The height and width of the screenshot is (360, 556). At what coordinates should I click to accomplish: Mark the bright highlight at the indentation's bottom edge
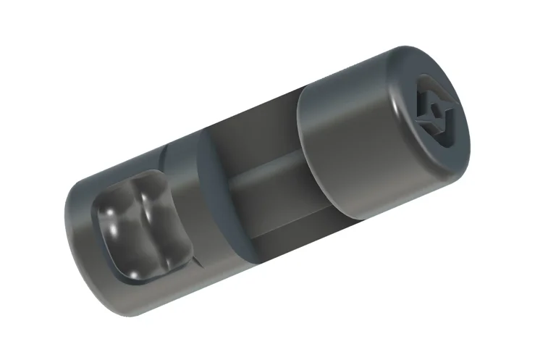point(138,274)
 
